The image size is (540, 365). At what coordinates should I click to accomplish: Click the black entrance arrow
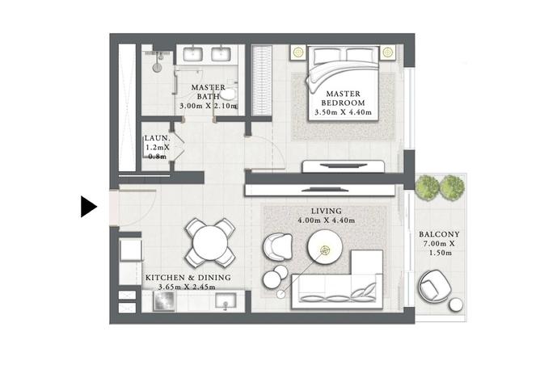tap(88, 207)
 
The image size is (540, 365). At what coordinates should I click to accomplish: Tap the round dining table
tap(209, 243)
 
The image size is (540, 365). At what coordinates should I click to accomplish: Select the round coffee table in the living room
tap(325, 247)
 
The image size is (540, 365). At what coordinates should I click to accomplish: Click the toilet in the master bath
tap(229, 93)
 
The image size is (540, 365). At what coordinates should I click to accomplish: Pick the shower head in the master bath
tap(158, 67)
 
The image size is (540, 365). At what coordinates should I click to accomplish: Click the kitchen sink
tap(226, 300)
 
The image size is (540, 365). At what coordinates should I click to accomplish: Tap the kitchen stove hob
tap(164, 301)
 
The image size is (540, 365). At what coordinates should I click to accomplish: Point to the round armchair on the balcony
tap(435, 286)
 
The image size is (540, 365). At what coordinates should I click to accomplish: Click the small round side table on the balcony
tap(457, 304)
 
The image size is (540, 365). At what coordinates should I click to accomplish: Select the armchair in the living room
tap(277, 246)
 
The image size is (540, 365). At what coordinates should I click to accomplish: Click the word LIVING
tap(327, 211)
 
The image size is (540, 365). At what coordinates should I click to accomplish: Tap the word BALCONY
tap(439, 234)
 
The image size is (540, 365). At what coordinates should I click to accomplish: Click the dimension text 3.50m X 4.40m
tap(343, 112)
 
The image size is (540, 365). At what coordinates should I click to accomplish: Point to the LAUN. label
tap(157, 138)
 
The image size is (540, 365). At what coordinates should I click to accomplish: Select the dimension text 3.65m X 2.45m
tap(187, 287)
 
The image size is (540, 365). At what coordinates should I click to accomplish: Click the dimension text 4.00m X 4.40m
tap(327, 220)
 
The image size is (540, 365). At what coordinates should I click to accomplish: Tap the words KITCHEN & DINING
tap(188, 277)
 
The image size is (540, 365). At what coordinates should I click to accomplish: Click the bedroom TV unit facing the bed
tap(344, 166)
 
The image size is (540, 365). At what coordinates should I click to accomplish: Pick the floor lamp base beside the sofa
tap(281, 294)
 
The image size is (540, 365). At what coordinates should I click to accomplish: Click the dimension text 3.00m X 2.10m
tap(209, 106)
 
